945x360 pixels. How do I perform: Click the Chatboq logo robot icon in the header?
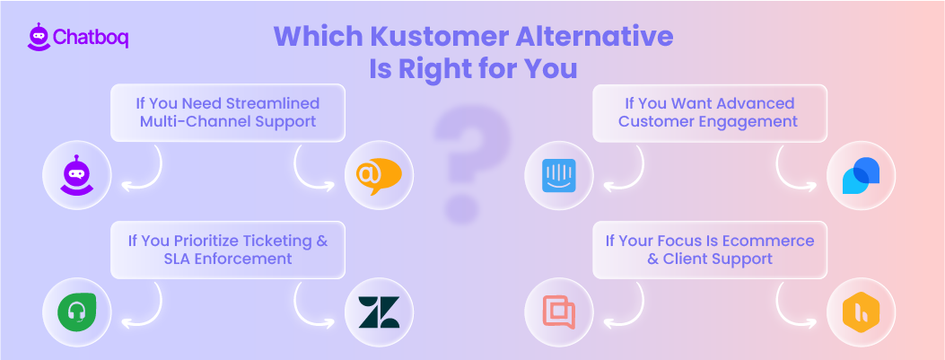coord(38,37)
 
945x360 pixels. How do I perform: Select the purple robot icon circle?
coord(76,175)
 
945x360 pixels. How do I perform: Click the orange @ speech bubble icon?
coord(379,175)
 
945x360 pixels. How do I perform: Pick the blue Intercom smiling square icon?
coord(558,175)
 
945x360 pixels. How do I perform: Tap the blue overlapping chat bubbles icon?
coord(861,175)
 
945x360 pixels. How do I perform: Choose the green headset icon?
coord(76,312)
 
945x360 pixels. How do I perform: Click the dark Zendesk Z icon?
coord(379,312)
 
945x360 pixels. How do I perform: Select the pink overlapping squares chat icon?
coord(558,312)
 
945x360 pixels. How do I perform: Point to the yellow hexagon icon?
coord(861,312)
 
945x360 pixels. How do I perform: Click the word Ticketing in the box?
coord(268,240)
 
